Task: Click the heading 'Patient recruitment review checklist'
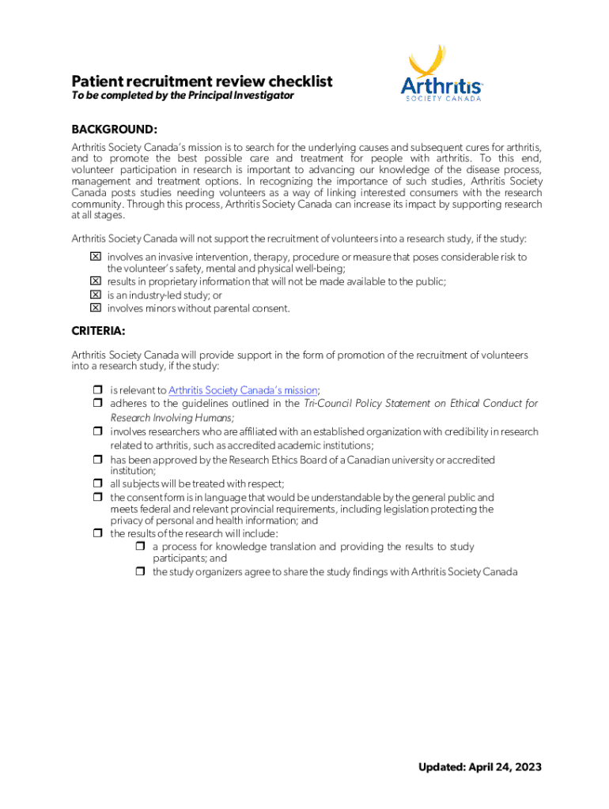coord(202,81)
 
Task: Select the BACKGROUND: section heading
coord(115,129)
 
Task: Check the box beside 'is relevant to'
coord(98,390)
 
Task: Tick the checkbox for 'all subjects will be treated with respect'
coord(98,484)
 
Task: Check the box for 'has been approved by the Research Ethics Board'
coord(98,460)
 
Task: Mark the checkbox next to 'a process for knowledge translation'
coord(140,547)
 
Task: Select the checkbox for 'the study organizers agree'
coord(140,572)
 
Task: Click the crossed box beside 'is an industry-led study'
coord(95,295)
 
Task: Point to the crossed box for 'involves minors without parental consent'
coord(95,307)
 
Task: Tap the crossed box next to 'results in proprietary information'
coord(95,281)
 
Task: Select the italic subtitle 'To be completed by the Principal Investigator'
coord(183,96)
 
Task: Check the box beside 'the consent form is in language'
coord(98,498)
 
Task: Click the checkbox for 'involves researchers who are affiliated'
coord(98,432)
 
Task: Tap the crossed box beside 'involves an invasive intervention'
coord(95,257)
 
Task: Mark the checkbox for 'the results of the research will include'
coord(98,533)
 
